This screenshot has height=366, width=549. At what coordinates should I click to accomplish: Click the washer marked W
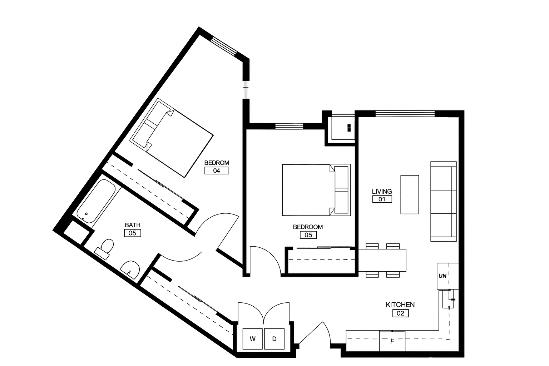pyautogui.click(x=252, y=338)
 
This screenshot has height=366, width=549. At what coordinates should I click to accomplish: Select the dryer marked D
pyautogui.click(x=274, y=338)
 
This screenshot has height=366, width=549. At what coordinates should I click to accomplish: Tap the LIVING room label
pyautogui.click(x=382, y=191)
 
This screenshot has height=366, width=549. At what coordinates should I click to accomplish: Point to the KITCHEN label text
pyautogui.click(x=400, y=305)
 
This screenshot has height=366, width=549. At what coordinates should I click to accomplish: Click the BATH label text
pyautogui.click(x=133, y=225)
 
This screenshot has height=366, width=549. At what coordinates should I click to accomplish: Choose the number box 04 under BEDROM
pyautogui.click(x=217, y=170)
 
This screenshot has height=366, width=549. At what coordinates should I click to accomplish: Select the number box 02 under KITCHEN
pyautogui.click(x=400, y=313)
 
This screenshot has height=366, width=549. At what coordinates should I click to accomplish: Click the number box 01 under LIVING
pyautogui.click(x=382, y=199)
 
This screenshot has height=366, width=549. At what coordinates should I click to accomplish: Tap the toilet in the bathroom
pyautogui.click(x=105, y=248)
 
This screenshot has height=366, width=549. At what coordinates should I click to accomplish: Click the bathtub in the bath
pyautogui.click(x=96, y=201)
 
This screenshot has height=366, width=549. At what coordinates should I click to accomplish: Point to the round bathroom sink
pyautogui.click(x=130, y=269)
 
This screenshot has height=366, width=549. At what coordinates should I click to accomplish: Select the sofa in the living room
pyautogui.click(x=443, y=202)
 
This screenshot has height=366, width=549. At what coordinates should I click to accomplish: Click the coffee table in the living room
pyautogui.click(x=410, y=195)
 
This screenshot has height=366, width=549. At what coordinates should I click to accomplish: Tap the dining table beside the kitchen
pyautogui.click(x=382, y=260)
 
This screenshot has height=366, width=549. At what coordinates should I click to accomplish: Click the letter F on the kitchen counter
pyautogui.click(x=392, y=341)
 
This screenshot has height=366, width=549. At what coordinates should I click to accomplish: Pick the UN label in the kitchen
pyautogui.click(x=442, y=276)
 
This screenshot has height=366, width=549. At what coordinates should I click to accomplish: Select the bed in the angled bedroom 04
pyautogui.click(x=171, y=138)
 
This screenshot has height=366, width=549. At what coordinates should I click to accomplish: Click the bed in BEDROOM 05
pyautogui.click(x=316, y=190)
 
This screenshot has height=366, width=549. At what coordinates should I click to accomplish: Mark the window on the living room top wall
pyautogui.click(x=405, y=114)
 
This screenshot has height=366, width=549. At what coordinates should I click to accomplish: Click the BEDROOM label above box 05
pyautogui.click(x=308, y=227)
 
